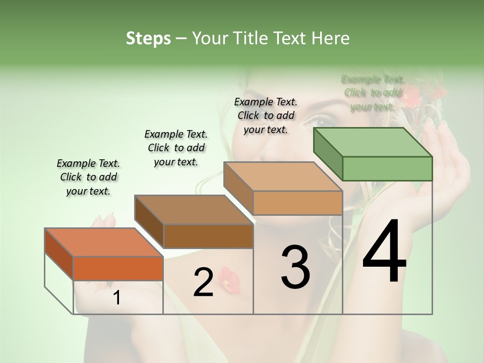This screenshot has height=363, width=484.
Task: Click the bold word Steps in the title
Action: pos(148,38)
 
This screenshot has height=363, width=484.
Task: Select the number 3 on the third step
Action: pos(295,267)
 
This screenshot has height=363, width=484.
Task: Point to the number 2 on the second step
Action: pos(203,282)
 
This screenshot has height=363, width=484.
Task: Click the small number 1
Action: pos(116,298)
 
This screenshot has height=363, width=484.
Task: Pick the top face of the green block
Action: pos(373,142)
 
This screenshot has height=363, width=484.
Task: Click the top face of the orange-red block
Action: pos(104,243)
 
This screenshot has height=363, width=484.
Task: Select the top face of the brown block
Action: pos(194,210)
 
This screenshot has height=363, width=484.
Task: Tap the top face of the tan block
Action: pos(283,177)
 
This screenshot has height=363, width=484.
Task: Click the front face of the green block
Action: pos(387,168)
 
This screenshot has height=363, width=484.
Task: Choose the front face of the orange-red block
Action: pos(118,268)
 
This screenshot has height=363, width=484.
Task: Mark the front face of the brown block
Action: pos(208,236)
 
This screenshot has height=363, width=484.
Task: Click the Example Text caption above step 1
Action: pos(88,177)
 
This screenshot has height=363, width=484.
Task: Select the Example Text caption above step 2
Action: pos(176,148)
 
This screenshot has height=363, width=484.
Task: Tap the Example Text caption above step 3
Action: pos(266,115)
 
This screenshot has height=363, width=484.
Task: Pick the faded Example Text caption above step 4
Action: pos(373,93)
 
